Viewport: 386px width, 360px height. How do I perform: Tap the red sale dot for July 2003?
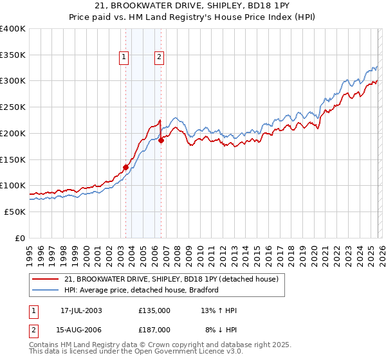[x=126, y=167]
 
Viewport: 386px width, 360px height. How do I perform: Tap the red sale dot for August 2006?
[x=161, y=141]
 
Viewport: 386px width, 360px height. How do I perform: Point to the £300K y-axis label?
[x=13, y=81]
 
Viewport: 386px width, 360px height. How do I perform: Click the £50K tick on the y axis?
[x=15, y=212]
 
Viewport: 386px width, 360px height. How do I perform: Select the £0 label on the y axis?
[x=21, y=238]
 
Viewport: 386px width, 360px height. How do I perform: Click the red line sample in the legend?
[x=46, y=279]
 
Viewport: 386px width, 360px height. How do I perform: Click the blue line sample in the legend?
[x=46, y=290]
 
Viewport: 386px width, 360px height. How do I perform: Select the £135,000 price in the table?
[x=154, y=310]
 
